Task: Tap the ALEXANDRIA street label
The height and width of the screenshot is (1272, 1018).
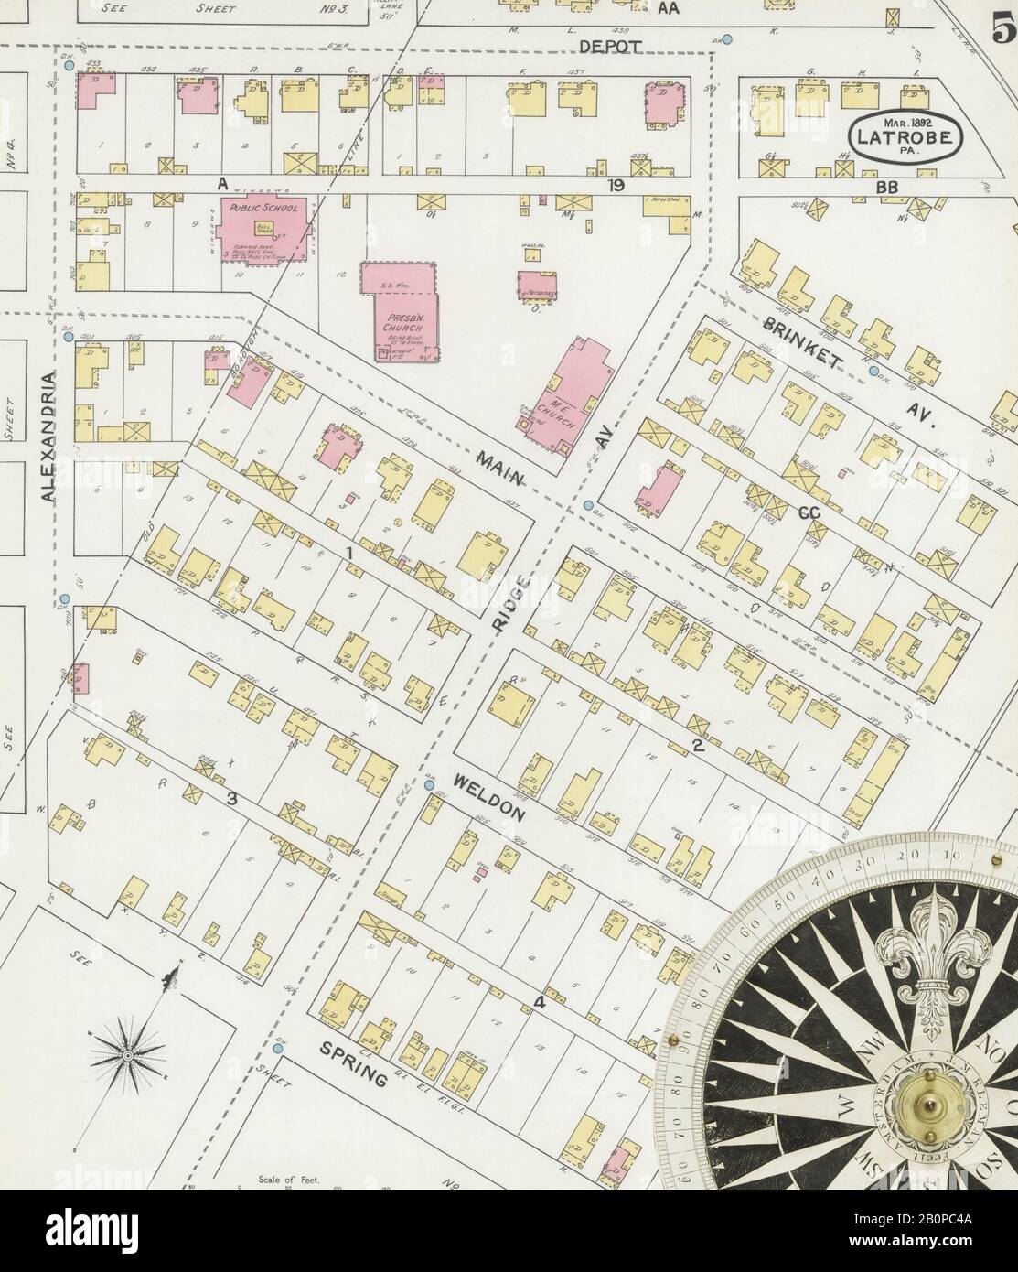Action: [x=48, y=436]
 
